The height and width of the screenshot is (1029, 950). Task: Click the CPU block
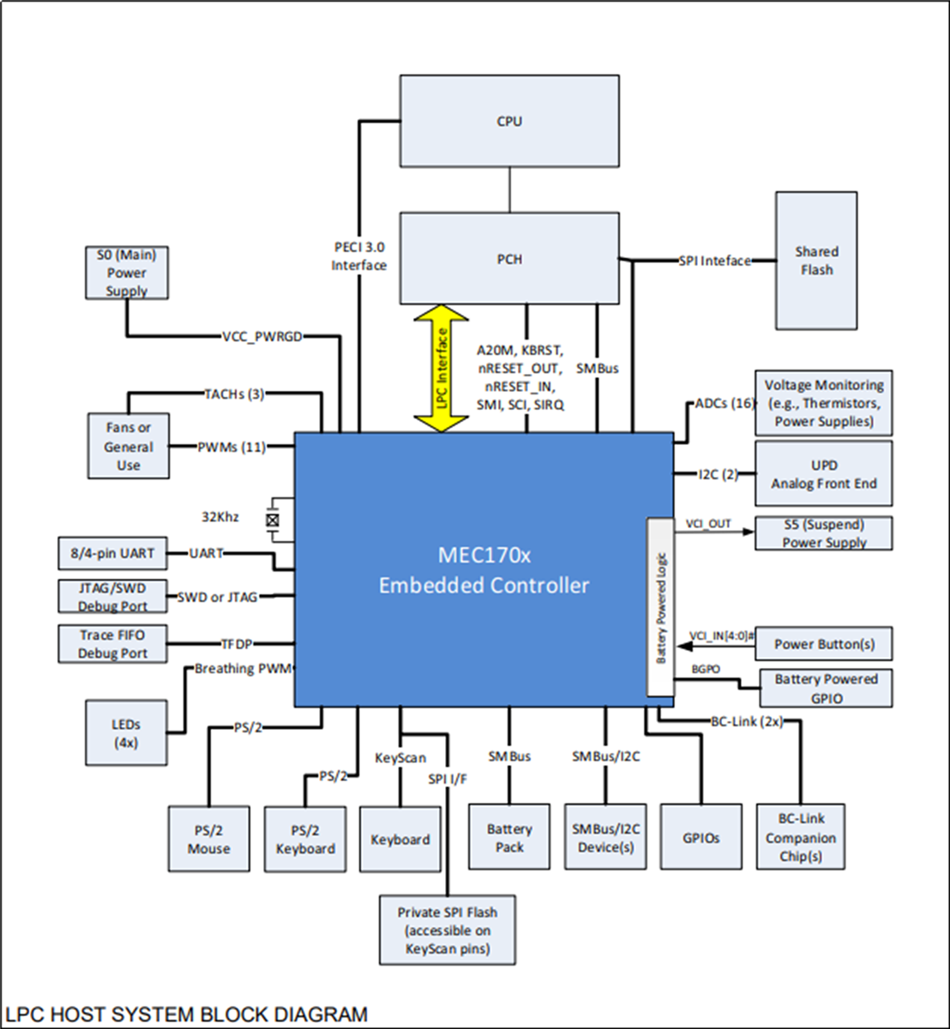pyautogui.click(x=509, y=121)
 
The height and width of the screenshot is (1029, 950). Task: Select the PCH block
pyautogui.click(x=509, y=258)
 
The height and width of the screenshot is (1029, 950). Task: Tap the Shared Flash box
pyautogui.click(x=815, y=261)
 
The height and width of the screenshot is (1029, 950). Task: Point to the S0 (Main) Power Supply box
pyautogui.click(x=127, y=273)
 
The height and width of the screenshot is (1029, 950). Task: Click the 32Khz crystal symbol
pyautogui.click(x=274, y=520)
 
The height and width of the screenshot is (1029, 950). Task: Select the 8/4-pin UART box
pyautogui.click(x=111, y=553)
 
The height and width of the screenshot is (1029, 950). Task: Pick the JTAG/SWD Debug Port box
pyautogui.click(x=111, y=597)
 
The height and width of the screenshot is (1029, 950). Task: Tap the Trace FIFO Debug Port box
pyautogui.click(x=111, y=644)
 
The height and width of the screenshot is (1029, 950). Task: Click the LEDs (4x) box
pyautogui.click(x=125, y=733)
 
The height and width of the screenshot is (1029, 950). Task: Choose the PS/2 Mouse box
pyautogui.click(x=209, y=839)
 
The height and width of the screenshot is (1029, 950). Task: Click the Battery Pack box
pyautogui.click(x=509, y=838)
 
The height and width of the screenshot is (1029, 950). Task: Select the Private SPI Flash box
pyautogui.click(x=448, y=930)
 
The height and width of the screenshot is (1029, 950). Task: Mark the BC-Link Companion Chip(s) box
pyautogui.click(x=801, y=838)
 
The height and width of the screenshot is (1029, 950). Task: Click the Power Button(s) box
pyautogui.click(x=823, y=644)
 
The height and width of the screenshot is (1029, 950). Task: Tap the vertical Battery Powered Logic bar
pyautogui.click(x=660, y=607)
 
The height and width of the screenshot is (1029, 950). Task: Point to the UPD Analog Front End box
pyautogui.click(x=823, y=474)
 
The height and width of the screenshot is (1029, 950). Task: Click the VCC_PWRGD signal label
pyautogui.click(x=262, y=335)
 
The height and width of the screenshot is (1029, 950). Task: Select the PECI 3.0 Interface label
pyautogui.click(x=359, y=256)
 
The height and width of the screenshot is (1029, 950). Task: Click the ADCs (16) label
pyautogui.click(x=724, y=403)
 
